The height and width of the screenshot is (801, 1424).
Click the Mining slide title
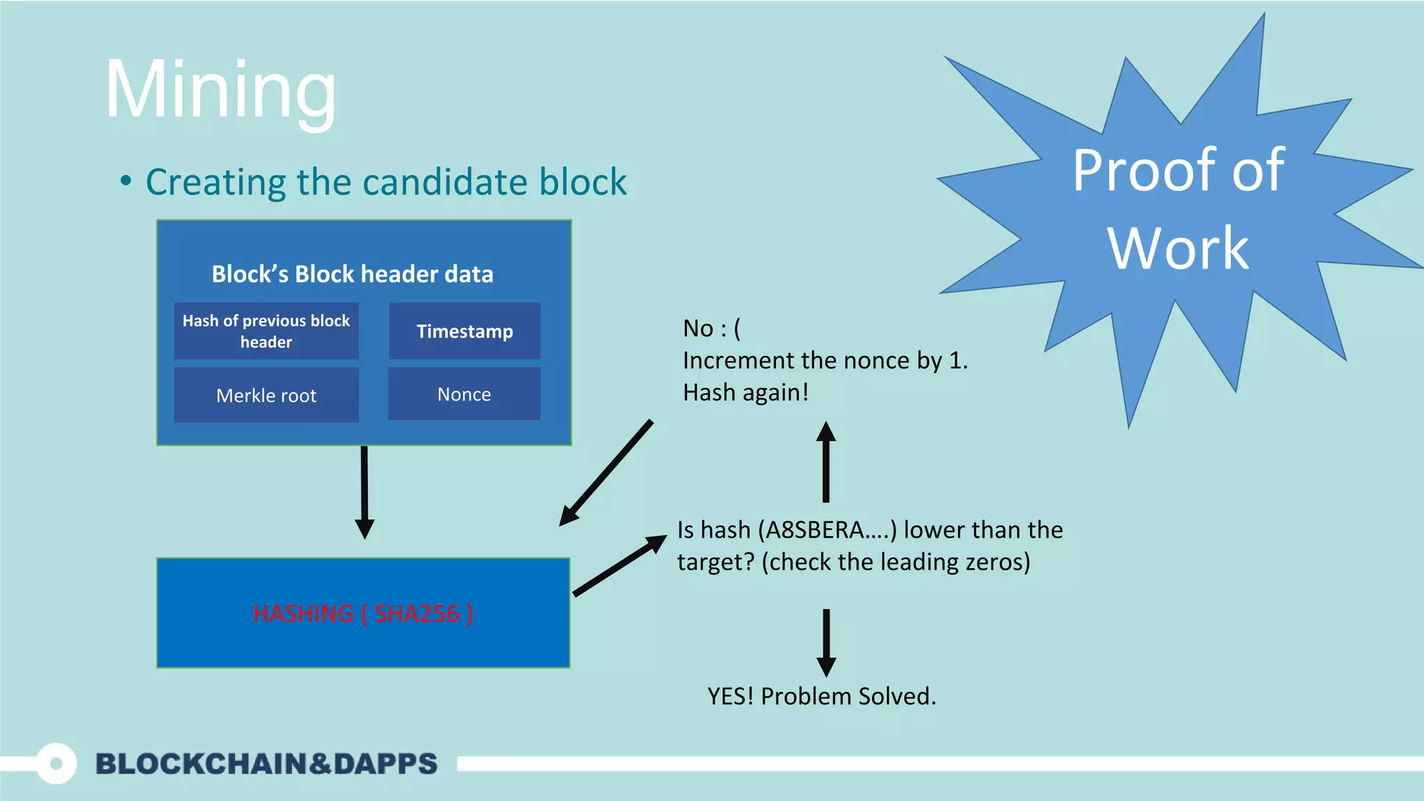(221, 90)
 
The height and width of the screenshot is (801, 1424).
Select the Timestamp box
(464, 331)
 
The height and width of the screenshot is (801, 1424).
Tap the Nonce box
(464, 394)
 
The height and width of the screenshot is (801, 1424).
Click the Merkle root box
(266, 395)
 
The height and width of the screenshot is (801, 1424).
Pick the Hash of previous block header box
(266, 331)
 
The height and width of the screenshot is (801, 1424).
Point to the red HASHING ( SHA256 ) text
(363, 613)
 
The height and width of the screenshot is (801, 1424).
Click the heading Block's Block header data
(352, 274)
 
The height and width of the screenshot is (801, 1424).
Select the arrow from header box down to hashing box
(364, 491)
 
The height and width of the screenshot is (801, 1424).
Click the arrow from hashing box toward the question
(617, 566)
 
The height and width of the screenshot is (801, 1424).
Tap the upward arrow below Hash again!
(825, 462)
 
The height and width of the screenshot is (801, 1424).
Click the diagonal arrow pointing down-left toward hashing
(606, 473)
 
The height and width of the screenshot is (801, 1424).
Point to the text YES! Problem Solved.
(821, 696)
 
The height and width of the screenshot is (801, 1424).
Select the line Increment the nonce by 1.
(825, 360)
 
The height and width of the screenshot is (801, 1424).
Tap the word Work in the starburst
(1178, 248)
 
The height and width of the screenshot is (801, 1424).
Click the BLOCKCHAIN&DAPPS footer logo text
(266, 763)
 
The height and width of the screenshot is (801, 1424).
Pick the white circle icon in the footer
(56, 763)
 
